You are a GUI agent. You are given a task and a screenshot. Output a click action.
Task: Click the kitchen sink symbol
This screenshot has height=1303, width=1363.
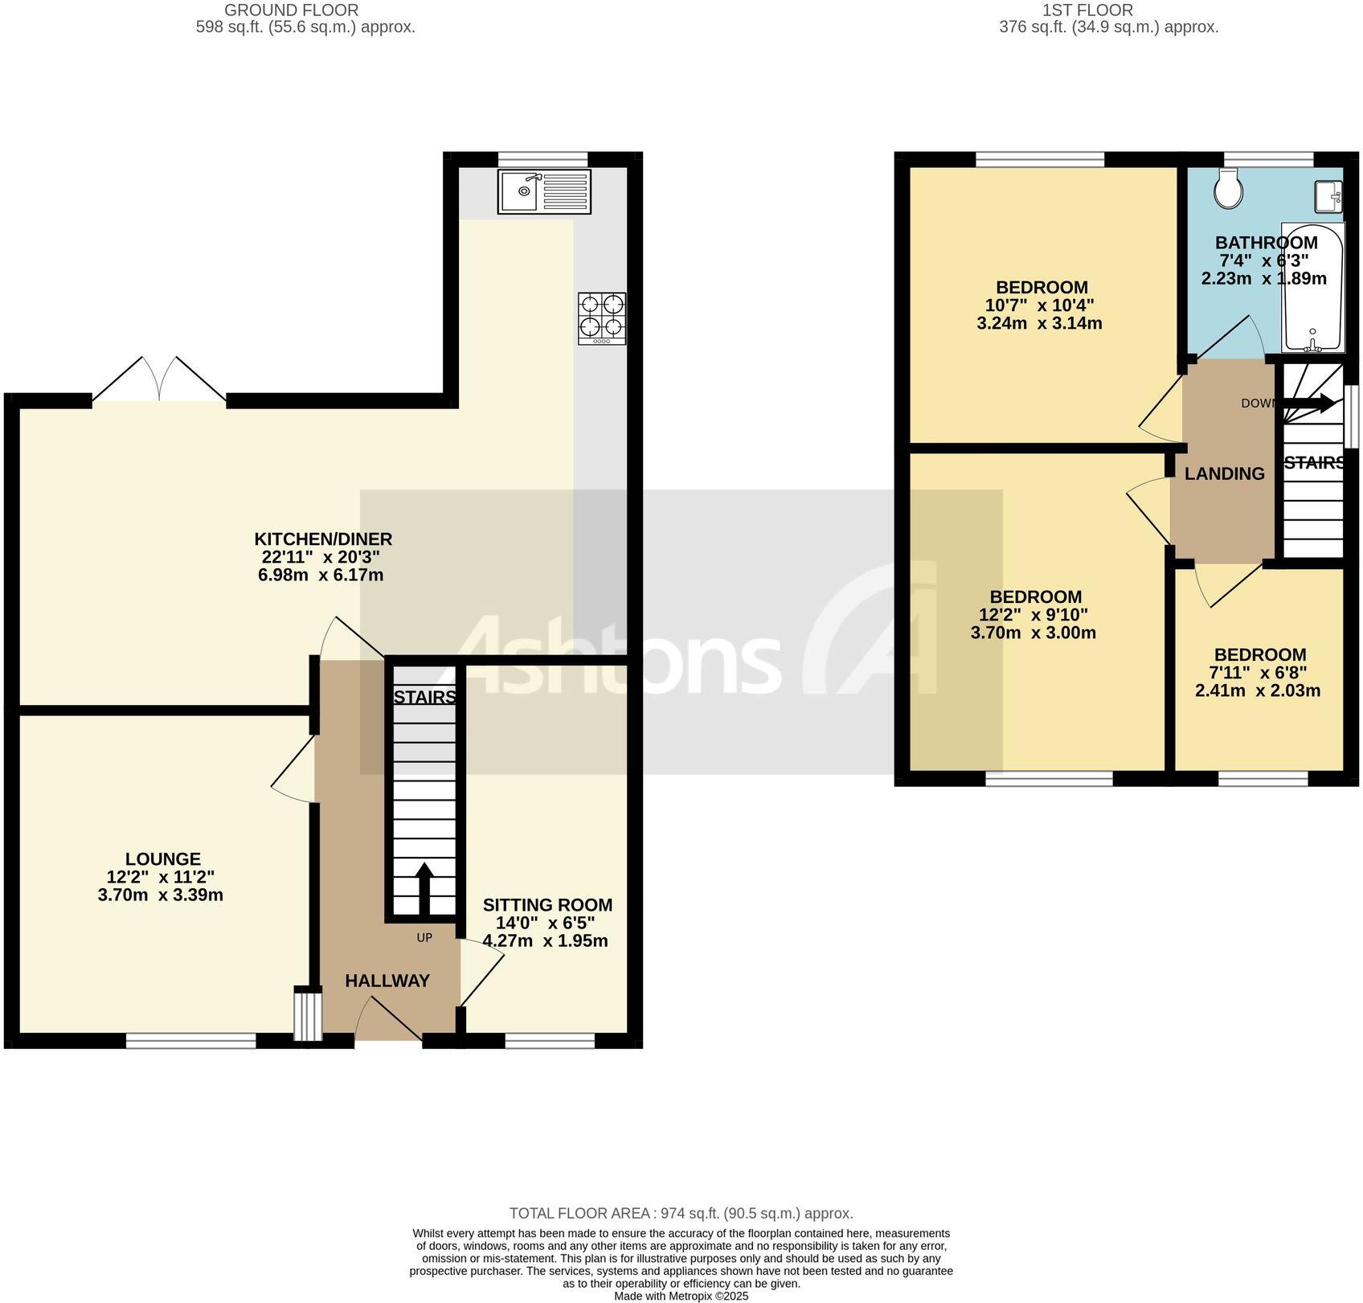tap(544, 191)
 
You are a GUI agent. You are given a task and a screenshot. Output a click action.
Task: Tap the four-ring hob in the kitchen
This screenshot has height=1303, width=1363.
tap(601, 319)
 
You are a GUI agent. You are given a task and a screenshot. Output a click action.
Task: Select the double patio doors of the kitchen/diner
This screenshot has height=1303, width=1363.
tap(159, 382)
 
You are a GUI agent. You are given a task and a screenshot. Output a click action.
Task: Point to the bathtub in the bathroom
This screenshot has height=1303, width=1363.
tap(1312, 288)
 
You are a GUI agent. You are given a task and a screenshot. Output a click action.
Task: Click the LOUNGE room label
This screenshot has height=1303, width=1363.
tap(163, 858)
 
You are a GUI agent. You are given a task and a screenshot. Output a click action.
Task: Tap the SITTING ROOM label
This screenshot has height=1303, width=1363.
tap(547, 905)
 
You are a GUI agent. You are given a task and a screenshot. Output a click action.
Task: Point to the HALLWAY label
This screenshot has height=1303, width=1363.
tap(387, 981)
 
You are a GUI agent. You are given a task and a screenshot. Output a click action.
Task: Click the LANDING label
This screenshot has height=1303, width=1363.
tap(1224, 474)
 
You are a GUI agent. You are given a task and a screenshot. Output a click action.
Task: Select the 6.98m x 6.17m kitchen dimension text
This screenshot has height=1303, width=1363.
tap(320, 576)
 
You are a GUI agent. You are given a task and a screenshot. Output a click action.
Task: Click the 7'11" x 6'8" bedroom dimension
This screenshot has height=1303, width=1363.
tap(1259, 673)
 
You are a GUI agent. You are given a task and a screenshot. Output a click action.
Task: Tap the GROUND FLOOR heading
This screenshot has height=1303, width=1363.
tap(291, 10)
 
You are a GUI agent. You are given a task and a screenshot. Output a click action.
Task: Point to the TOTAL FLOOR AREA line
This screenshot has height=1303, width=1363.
tap(681, 1214)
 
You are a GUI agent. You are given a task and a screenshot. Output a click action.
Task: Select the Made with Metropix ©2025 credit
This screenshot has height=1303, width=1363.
tap(681, 1297)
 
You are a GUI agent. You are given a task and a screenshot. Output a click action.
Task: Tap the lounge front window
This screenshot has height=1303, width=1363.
tap(190, 1041)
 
